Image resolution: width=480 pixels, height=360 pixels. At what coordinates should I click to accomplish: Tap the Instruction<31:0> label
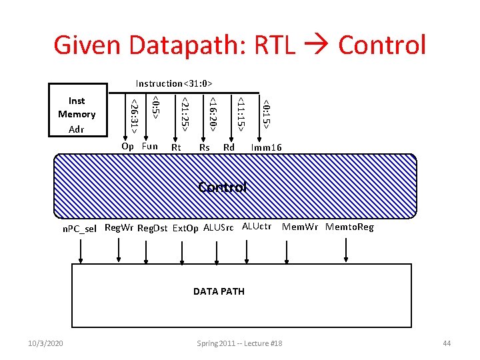click(174, 83)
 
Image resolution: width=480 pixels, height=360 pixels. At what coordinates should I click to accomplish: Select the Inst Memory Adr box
click(77, 115)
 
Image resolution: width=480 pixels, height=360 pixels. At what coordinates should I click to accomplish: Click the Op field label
click(127, 146)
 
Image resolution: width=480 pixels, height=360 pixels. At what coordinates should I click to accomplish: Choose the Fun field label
click(150, 146)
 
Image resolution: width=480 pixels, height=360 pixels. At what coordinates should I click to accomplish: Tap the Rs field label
click(205, 147)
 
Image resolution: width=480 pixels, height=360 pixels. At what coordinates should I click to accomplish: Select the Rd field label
click(229, 147)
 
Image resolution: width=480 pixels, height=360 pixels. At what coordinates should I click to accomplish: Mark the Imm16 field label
click(266, 147)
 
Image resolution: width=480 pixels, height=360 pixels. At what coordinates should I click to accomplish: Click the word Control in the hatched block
click(223, 187)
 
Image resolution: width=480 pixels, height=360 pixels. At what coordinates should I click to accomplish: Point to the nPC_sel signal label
click(79, 229)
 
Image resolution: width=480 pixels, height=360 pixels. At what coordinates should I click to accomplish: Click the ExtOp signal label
click(186, 228)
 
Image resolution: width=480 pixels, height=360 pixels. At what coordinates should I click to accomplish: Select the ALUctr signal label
click(257, 227)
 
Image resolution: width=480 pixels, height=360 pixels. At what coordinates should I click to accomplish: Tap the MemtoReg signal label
click(349, 227)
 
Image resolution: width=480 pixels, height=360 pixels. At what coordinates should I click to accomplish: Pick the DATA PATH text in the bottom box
click(219, 291)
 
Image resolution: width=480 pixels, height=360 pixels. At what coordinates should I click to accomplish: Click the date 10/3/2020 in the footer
click(46, 343)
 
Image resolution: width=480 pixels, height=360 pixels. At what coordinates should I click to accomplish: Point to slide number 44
click(447, 343)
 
